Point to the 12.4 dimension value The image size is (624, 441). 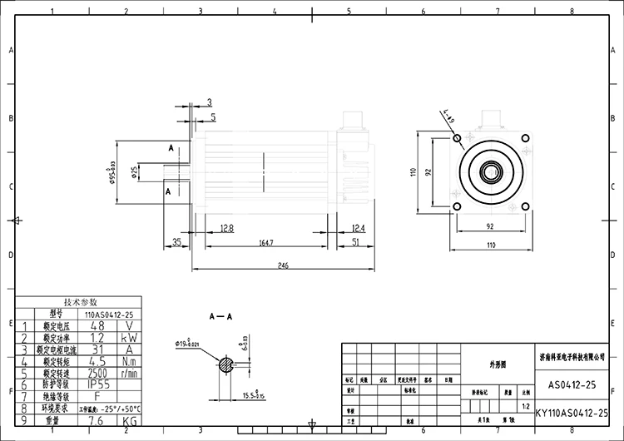click(x=359, y=227)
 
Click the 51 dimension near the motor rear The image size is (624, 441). click(x=355, y=242)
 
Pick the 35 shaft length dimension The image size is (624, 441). click(x=177, y=242)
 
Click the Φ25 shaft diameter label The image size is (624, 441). click(x=135, y=171)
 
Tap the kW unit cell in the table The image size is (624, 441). click(x=130, y=339)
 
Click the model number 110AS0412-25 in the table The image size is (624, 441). click(x=105, y=315)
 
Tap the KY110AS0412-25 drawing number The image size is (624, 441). click(x=572, y=413)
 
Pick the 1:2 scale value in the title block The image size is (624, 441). click(x=524, y=407)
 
